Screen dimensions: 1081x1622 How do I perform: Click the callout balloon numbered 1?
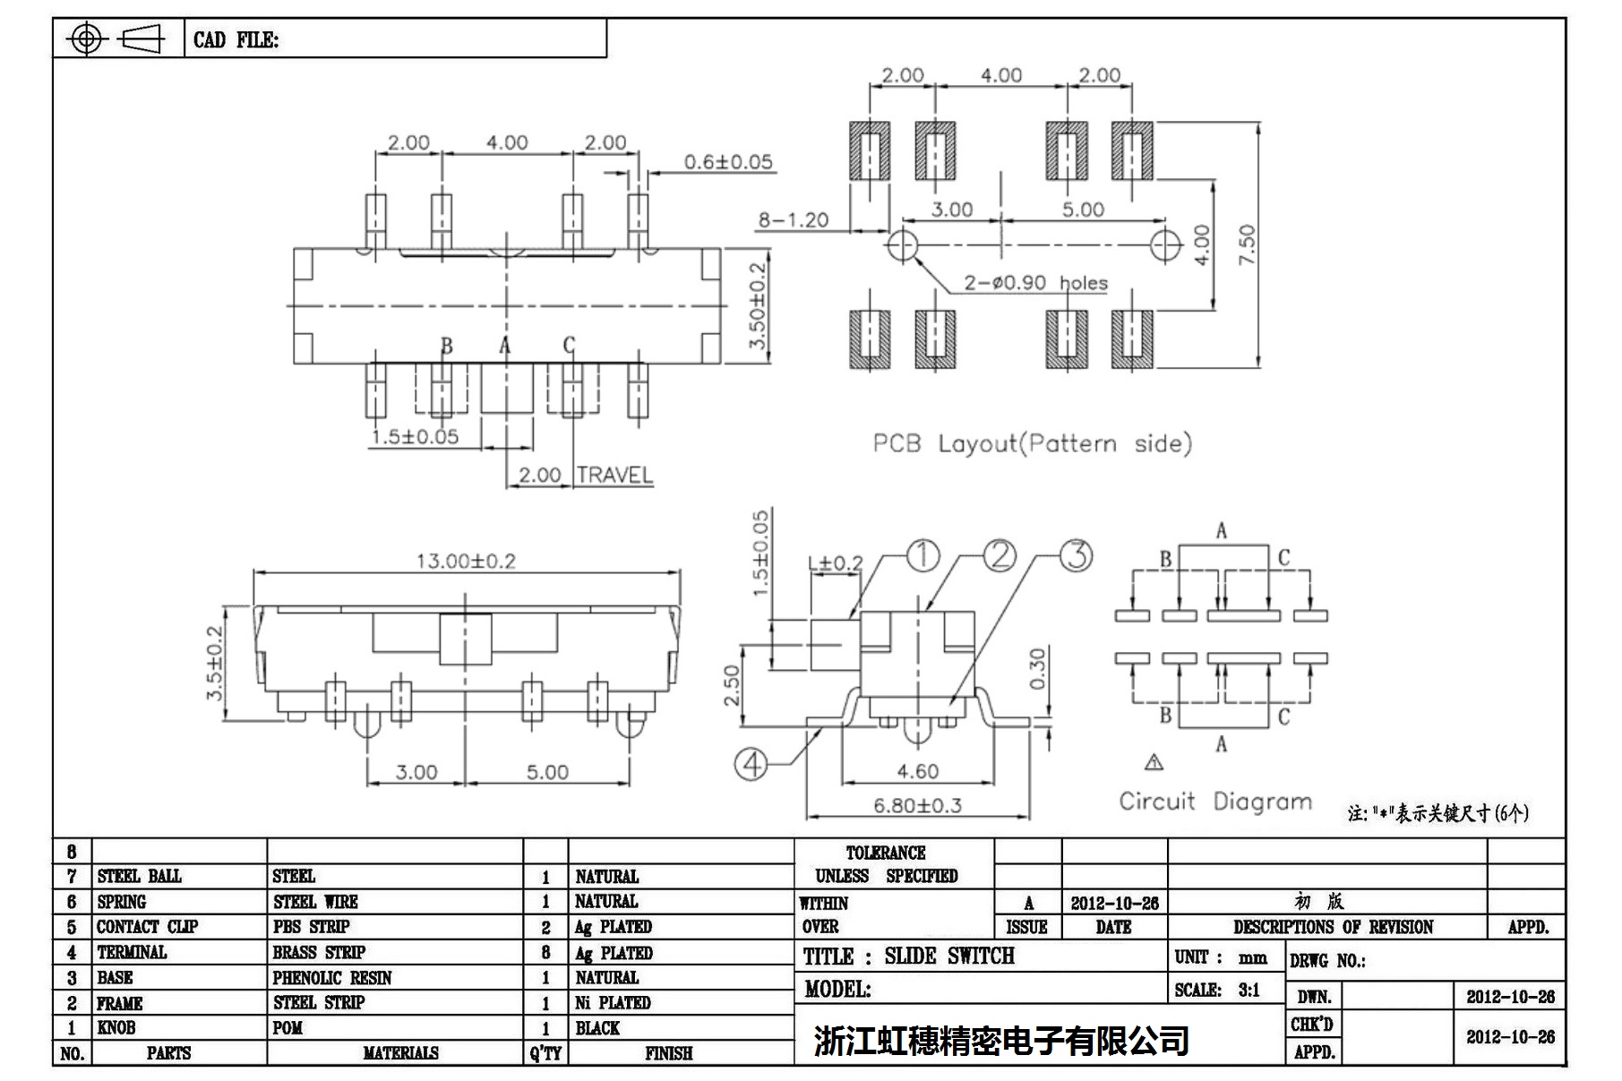tap(923, 555)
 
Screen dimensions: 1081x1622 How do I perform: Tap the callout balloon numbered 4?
tap(751, 764)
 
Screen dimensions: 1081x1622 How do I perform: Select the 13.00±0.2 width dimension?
tap(466, 562)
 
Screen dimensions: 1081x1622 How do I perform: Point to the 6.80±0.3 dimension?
tap(917, 805)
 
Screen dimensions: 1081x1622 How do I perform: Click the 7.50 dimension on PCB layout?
tap(1247, 244)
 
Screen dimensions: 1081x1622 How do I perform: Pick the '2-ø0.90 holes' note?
tap(1035, 283)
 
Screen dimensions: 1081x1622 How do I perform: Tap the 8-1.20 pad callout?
tap(794, 220)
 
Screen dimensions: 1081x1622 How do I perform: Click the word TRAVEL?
tap(614, 475)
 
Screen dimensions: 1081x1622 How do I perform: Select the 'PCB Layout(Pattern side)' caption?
tap(1032, 443)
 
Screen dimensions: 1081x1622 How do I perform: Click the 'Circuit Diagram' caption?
tap(1214, 801)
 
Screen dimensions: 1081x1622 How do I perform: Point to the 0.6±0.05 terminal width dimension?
tap(727, 162)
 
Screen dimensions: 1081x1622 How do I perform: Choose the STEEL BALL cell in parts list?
tap(139, 876)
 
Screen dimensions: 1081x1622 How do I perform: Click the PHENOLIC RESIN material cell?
tap(332, 978)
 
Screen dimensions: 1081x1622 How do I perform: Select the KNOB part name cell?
tap(116, 1028)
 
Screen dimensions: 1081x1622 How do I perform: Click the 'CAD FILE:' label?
tap(236, 40)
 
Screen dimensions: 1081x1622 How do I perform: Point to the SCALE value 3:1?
tap(1249, 991)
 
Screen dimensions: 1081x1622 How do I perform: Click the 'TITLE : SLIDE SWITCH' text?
tap(908, 957)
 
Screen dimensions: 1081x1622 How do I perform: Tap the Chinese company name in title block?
tap(1000, 1040)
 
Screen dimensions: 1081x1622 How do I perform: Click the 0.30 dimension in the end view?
tap(1037, 669)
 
